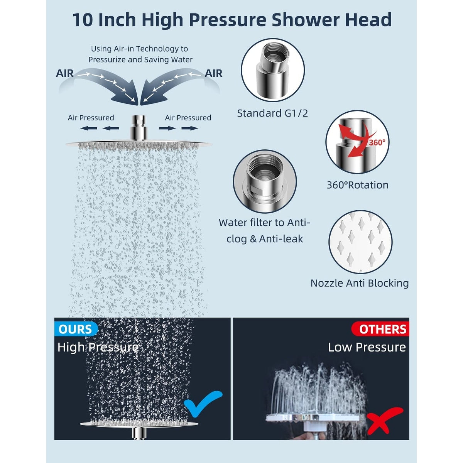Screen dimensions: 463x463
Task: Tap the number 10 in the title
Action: pos(83,20)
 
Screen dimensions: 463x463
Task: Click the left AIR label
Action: pos(65,73)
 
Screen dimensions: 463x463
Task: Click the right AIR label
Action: pos(213,73)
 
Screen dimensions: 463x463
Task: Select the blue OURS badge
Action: pos(76,329)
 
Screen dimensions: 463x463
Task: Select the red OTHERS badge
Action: pos(382,329)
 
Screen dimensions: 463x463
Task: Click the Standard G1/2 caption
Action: pos(272,113)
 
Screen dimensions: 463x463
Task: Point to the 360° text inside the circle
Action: pos(377,142)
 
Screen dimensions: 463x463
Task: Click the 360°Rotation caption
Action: pos(357,185)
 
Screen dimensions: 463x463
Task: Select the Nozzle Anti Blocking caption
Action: pos(360,283)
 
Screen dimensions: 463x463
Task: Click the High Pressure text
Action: pos(98,347)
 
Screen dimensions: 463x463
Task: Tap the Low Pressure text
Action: pos(367,347)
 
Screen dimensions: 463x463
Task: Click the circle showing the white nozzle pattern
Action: pos(360,242)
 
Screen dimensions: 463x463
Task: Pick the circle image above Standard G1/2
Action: pos(273,70)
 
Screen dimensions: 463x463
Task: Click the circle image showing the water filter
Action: pos(265,181)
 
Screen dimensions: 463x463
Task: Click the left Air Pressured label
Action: pos(91,118)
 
